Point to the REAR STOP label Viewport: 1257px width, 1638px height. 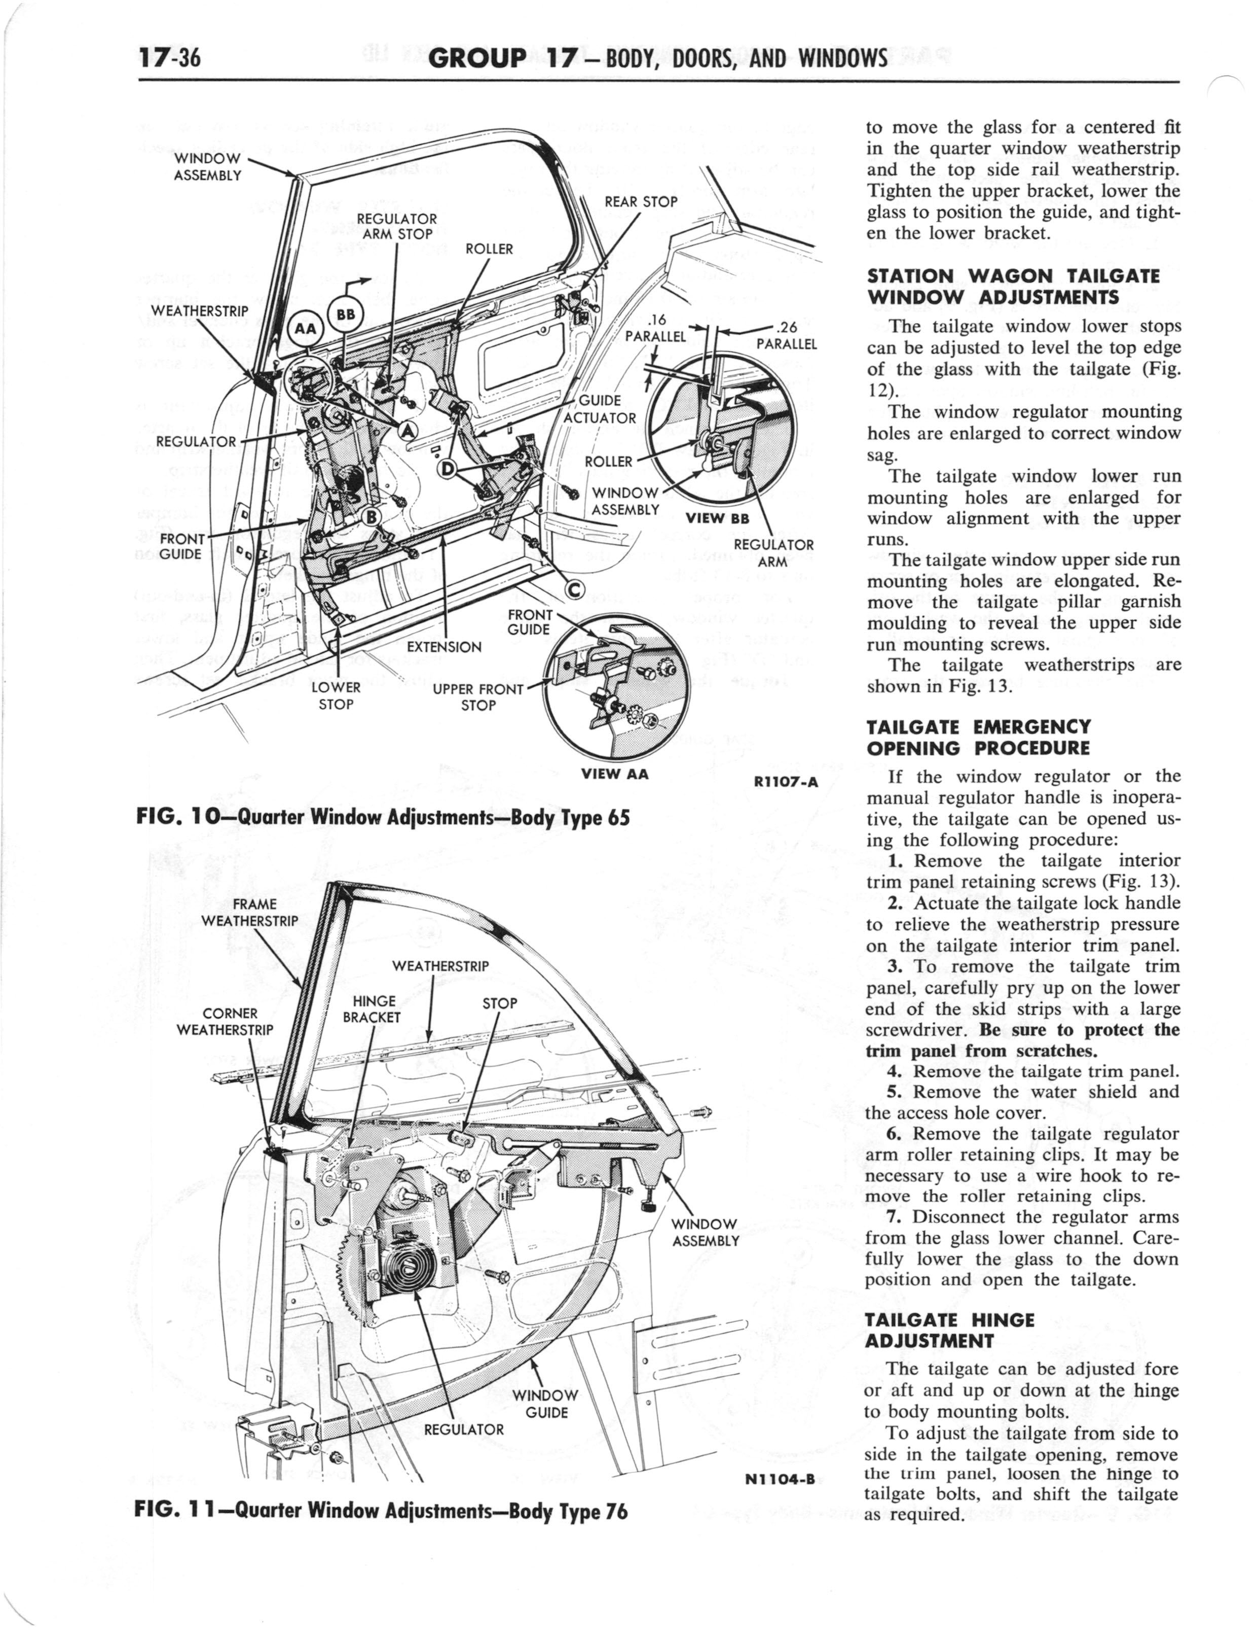coord(641,201)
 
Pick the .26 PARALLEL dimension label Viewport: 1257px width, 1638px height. coord(786,336)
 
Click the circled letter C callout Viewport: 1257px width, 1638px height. coord(575,590)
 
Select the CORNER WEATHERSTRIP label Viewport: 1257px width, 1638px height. coord(225,1022)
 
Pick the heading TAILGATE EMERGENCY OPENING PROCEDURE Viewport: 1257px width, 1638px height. coord(977,738)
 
